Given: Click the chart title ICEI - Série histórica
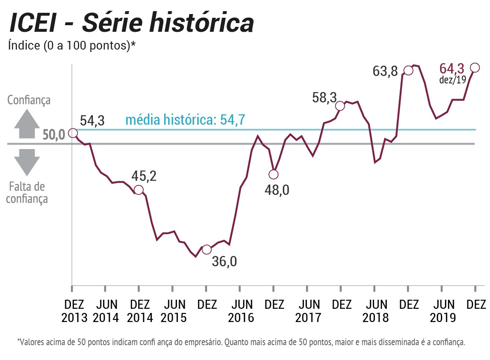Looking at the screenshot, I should coord(131,24).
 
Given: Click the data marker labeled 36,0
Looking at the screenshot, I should coord(207,249).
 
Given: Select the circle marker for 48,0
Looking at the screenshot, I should coord(273,174).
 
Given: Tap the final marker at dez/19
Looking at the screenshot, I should coord(475,67).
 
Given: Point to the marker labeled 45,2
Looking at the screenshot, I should coord(139,190).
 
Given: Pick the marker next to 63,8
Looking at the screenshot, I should coord(408,70).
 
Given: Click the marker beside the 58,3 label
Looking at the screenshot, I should coord(340,106).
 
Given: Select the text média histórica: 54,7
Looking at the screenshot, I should coord(185,120).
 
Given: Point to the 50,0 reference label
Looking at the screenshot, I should coord(54,135).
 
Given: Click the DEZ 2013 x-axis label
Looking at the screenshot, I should coord(74,311).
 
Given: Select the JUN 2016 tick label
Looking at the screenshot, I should coord(241,311).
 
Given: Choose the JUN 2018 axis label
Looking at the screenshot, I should coord(375,311).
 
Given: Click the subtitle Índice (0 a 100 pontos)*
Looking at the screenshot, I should coord(72,45).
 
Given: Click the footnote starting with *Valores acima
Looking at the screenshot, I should coord(241,342).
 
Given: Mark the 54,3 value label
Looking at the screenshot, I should coord(92,121).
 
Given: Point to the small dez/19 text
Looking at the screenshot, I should coord(452,80).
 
